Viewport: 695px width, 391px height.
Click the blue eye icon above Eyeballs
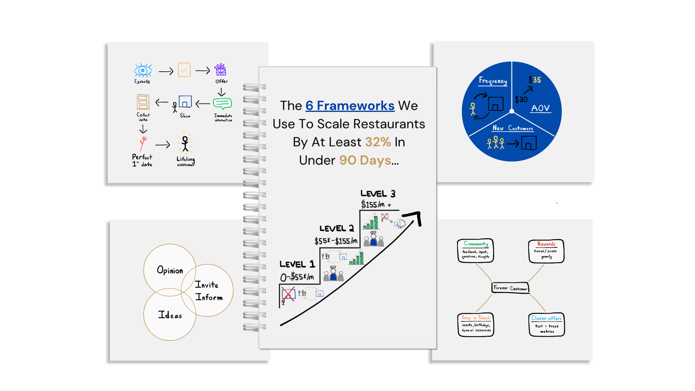tap(143, 70)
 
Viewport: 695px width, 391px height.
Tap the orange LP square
tap(184, 70)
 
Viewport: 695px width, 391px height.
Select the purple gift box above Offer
tap(220, 70)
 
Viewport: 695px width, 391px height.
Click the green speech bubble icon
tap(222, 104)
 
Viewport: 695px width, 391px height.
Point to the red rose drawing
tap(143, 143)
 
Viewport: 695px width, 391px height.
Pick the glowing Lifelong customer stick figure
tap(185, 143)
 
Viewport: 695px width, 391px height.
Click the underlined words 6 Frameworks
tap(350, 106)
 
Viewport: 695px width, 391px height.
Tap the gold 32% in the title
tap(378, 142)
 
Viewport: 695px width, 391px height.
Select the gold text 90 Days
tap(365, 160)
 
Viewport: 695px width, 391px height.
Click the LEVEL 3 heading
tap(378, 194)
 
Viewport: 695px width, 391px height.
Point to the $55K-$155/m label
tap(336, 241)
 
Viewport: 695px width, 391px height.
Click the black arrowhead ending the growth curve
tap(414, 217)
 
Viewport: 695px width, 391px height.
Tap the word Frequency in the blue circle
tap(493, 81)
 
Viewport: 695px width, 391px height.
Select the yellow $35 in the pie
tap(535, 80)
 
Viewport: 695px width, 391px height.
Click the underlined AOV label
tap(540, 108)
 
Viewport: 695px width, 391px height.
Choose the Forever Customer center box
tap(510, 288)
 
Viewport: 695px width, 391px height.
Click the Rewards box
tap(546, 251)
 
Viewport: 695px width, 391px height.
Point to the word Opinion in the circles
tap(170, 270)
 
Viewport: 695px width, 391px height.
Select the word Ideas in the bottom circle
tap(170, 315)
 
